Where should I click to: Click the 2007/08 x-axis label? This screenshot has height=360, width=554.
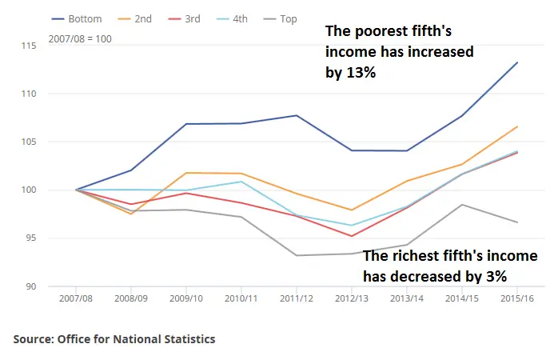77,298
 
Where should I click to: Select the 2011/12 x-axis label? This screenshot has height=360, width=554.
296,298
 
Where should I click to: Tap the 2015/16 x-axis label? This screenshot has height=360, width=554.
516,298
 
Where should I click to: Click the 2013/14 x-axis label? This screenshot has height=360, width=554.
406,298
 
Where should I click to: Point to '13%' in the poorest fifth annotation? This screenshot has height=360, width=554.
359,72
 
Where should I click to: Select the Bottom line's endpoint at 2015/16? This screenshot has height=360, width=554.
517,62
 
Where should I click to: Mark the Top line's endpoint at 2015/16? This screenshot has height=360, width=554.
517,222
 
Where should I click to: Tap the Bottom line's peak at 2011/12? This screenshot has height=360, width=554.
297,115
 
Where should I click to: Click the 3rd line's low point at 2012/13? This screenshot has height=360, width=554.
351,236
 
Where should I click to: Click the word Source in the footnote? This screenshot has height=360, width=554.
33,339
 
